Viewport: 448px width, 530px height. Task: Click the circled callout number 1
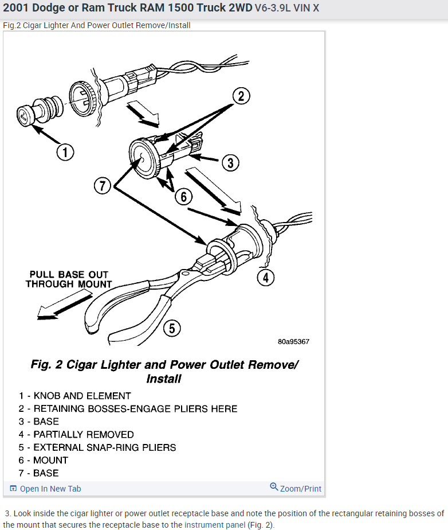pos(65,151)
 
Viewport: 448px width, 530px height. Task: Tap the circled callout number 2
pos(241,96)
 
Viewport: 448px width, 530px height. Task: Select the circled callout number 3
pos(230,162)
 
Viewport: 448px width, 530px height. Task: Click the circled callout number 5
pos(172,328)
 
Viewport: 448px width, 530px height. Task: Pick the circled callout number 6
pos(183,197)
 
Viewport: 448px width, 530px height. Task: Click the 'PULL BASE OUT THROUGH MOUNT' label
pos(69,279)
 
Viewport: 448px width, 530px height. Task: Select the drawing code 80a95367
pos(293,341)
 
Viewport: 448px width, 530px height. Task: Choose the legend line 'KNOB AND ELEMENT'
pos(82,396)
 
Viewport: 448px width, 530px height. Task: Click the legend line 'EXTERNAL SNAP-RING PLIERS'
pos(104,447)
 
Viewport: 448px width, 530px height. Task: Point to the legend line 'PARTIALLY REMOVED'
pos(84,434)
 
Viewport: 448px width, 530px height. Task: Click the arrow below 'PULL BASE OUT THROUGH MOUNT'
pos(63,304)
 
